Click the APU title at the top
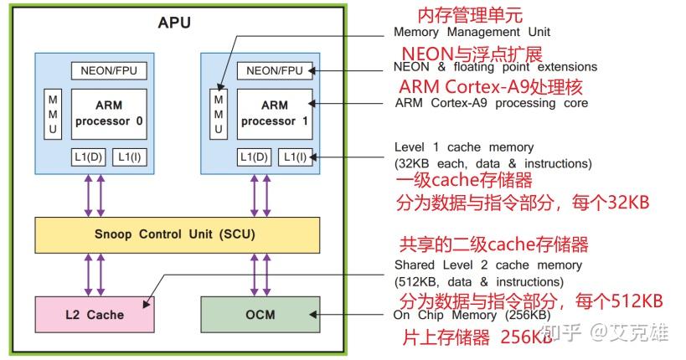174,23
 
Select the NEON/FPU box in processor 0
108,70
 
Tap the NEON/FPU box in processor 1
275,70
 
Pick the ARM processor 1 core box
275,113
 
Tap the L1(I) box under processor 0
128,156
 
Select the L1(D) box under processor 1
255,156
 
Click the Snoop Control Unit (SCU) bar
177,234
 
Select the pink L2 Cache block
94,315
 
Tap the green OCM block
260,315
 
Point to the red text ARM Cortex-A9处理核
490,86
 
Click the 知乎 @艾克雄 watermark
606,332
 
